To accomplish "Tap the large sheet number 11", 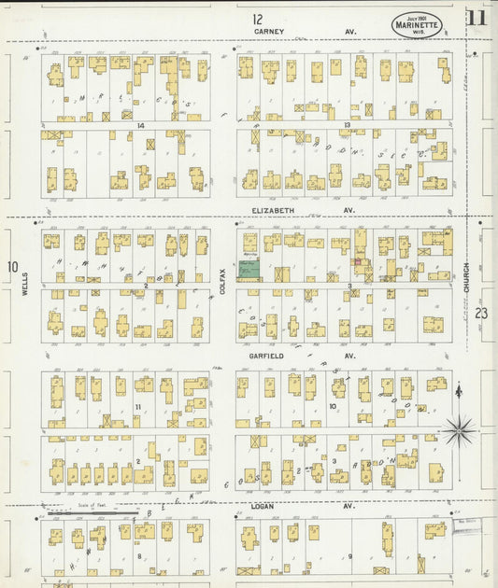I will [x=477, y=18].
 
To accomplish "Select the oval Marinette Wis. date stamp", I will [x=417, y=25].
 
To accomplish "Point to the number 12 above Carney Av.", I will [x=257, y=18].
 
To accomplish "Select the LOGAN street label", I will [x=262, y=506].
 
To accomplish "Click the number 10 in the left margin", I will [x=12, y=267].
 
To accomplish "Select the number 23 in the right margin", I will [x=481, y=314].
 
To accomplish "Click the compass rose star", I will [x=458, y=431].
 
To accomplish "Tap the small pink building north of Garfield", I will [x=357, y=262].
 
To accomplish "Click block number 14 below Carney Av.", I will [x=140, y=125].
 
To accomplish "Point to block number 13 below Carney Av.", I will [x=346, y=125].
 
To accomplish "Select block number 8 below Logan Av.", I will [x=140, y=556].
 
